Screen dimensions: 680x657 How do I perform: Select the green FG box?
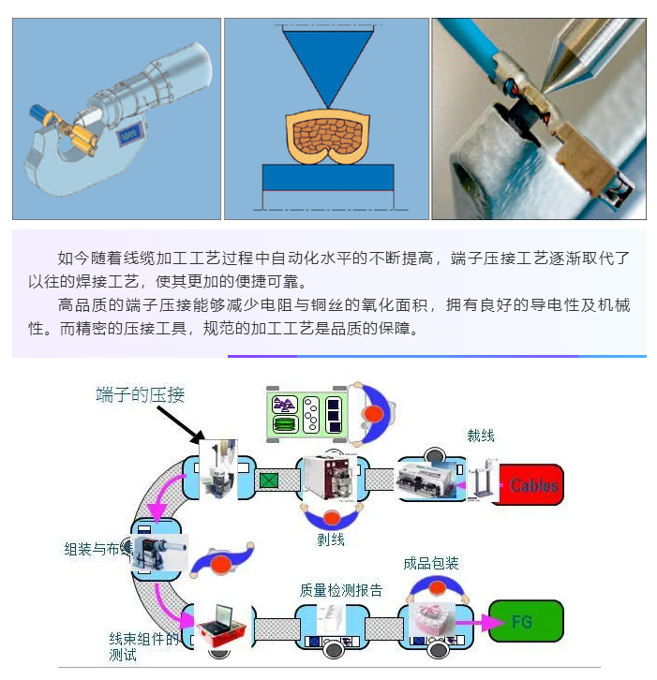(x=525, y=622)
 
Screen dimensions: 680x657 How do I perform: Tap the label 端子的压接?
(x=140, y=394)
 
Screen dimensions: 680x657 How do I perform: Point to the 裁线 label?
(x=481, y=436)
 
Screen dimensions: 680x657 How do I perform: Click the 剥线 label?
(x=331, y=540)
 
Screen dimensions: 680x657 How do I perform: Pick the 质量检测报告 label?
(x=341, y=590)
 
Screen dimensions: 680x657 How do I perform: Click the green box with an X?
(x=270, y=481)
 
